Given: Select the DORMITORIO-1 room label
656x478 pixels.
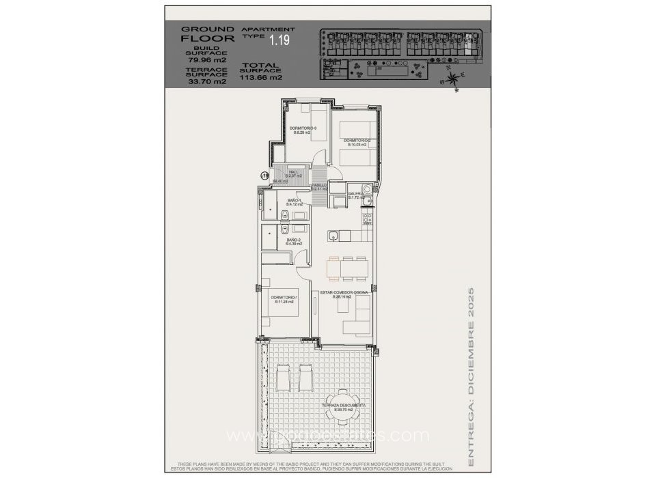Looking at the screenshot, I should pos(284,299).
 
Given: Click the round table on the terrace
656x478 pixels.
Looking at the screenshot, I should pos(340,404).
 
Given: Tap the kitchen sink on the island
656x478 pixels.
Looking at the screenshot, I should pos(331,236).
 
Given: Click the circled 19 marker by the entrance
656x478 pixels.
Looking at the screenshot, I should pos(265,176).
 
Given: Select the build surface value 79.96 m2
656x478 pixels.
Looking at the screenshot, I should pos(202,60).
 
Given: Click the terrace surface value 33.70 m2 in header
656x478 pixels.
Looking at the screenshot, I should pos(202,81).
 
